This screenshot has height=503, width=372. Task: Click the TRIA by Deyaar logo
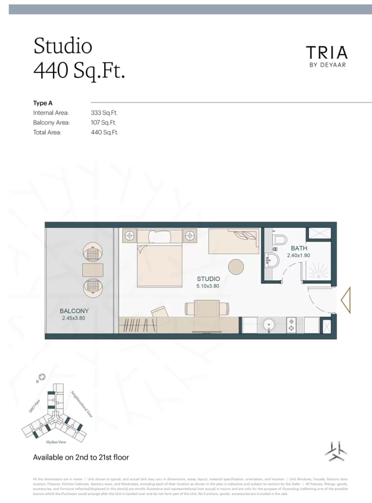tap(327, 56)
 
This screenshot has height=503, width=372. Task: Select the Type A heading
tap(43, 103)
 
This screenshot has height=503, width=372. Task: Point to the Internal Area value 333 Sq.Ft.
tap(104, 113)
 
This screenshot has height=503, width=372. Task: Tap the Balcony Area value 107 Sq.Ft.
tap(104, 122)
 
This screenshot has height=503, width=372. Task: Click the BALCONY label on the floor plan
tap(74, 311)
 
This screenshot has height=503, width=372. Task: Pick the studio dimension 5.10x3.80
tap(208, 287)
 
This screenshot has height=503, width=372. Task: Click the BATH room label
tap(299, 248)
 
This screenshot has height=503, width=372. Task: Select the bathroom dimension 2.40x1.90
tap(298, 255)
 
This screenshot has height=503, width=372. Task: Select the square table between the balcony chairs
tap(93, 269)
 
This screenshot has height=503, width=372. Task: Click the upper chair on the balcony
tap(93, 252)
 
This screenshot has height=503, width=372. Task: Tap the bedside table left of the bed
tap(130, 236)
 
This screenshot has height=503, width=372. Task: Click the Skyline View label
tap(56, 442)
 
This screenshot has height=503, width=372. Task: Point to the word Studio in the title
tap(62, 46)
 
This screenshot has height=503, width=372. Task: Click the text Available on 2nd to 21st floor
tap(81, 457)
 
